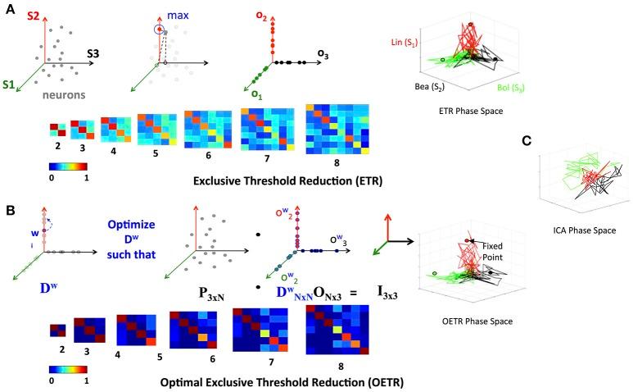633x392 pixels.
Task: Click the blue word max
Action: pyautogui.click(x=179, y=16)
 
